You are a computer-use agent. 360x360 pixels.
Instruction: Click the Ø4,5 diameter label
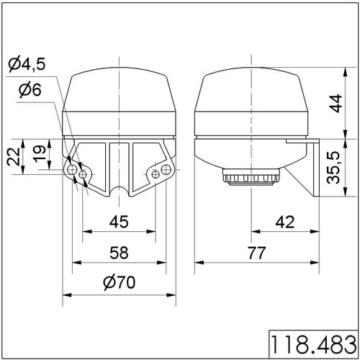27,64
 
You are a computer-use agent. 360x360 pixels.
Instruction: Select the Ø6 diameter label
30,90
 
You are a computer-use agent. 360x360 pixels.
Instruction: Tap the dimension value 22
14,157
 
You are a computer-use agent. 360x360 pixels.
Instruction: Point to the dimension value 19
40,154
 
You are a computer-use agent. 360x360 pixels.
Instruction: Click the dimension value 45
119,222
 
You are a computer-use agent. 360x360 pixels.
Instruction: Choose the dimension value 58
119,253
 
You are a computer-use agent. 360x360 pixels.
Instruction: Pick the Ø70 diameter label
120,282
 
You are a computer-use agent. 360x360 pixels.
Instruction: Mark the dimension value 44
336,104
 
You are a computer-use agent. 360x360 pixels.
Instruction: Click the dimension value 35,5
334,168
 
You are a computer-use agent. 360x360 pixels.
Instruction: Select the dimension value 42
285,222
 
